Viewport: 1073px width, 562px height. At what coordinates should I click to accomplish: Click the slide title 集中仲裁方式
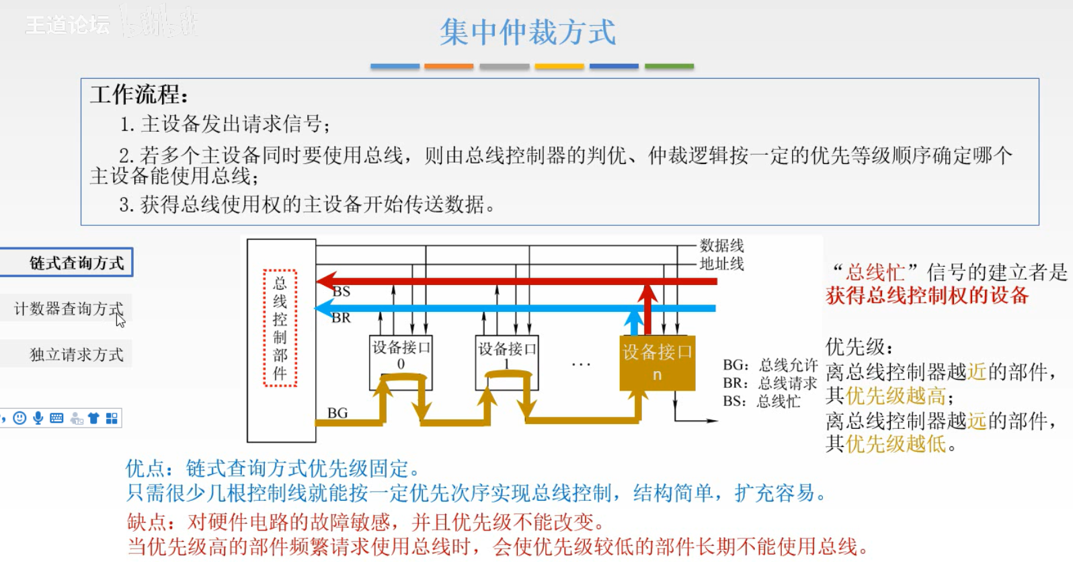pyautogui.click(x=528, y=32)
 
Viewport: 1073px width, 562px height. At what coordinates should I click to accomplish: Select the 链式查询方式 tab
pyautogui.click(x=76, y=263)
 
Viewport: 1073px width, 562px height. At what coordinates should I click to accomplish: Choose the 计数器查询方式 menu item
pyautogui.click(x=68, y=309)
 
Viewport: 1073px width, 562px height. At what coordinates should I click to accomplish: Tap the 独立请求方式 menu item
pyautogui.click(x=76, y=354)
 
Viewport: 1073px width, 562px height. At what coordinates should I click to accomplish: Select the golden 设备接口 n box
pyautogui.click(x=657, y=362)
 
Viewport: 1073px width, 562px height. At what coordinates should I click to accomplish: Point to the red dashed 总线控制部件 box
pyautogui.click(x=280, y=328)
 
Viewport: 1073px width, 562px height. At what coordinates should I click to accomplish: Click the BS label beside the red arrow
pyautogui.click(x=342, y=292)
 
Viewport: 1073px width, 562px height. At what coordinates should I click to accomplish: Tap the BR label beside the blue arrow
pyautogui.click(x=341, y=318)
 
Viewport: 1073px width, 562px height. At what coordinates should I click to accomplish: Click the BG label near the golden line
pyautogui.click(x=337, y=413)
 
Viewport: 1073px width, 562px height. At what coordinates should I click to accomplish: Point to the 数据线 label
pyautogui.click(x=721, y=245)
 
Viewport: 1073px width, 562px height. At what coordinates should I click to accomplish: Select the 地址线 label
pyautogui.click(x=721, y=264)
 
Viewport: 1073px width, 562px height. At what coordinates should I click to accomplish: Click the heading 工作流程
pyautogui.click(x=139, y=94)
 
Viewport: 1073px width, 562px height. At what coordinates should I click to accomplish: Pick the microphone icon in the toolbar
pyautogui.click(x=38, y=418)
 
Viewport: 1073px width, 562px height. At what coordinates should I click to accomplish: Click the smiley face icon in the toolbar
pyautogui.click(x=20, y=418)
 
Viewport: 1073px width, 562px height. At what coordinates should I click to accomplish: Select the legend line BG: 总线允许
pyautogui.click(x=770, y=365)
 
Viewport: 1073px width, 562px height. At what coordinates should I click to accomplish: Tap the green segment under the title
pyautogui.click(x=669, y=66)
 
